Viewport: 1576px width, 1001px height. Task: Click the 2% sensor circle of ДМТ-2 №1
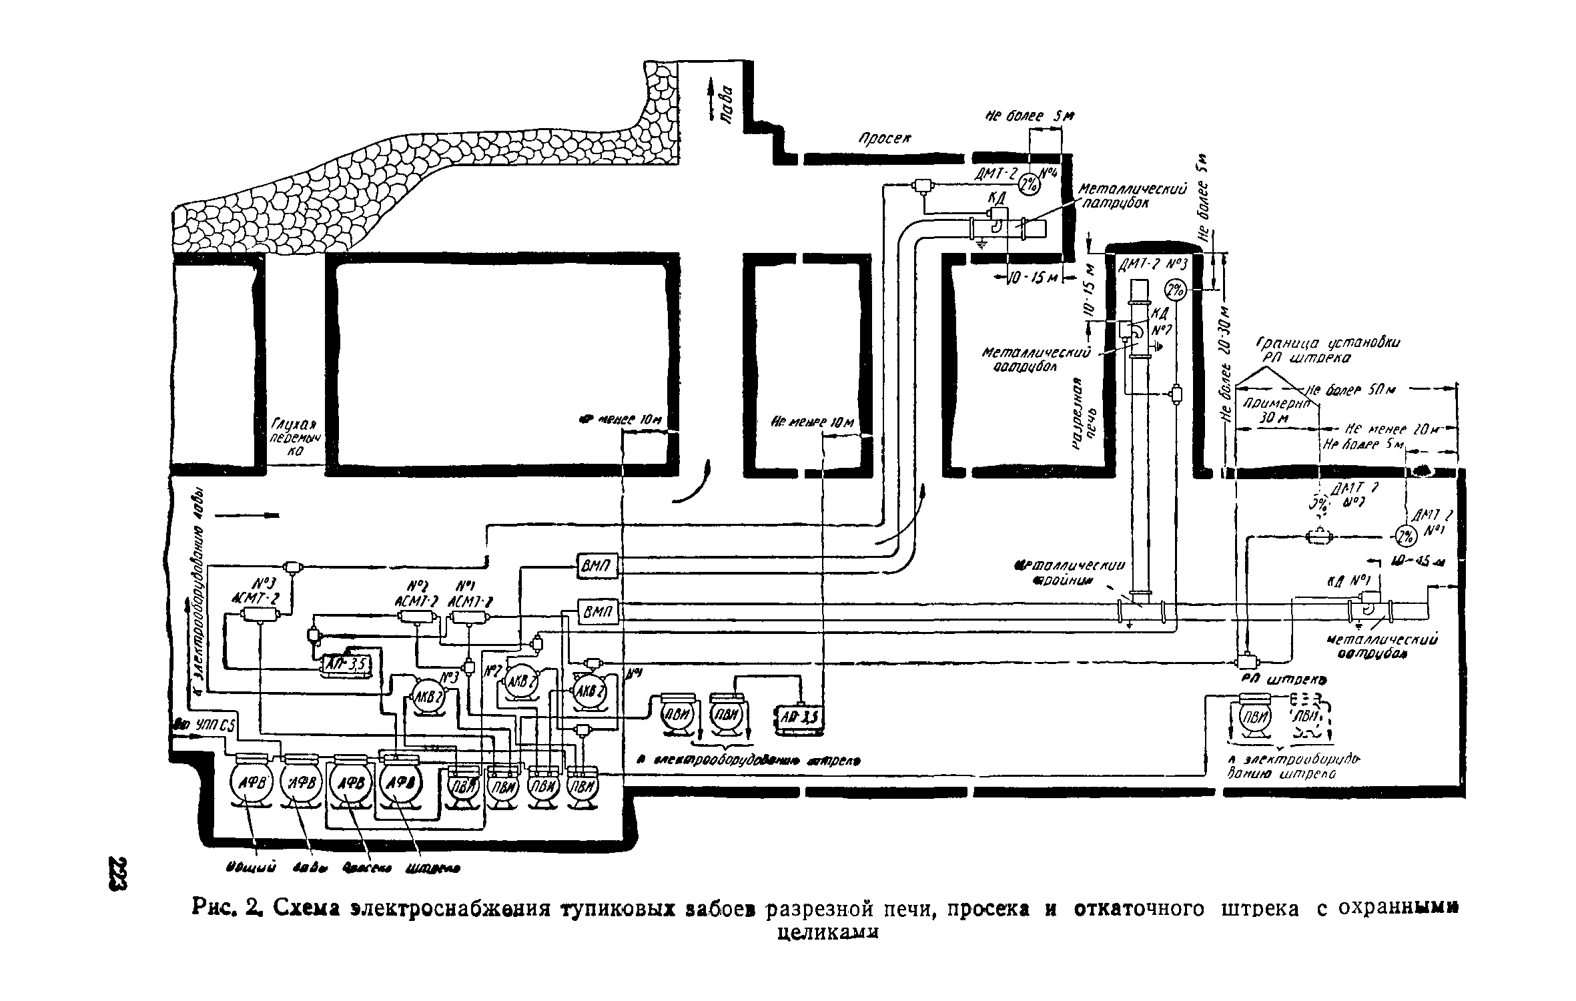(x=1407, y=536)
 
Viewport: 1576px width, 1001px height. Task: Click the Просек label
(x=885, y=139)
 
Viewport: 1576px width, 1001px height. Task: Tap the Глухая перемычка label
(x=294, y=438)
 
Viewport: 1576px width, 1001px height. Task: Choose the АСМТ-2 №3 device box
(x=260, y=615)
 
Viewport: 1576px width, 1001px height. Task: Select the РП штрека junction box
(x=1246, y=661)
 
